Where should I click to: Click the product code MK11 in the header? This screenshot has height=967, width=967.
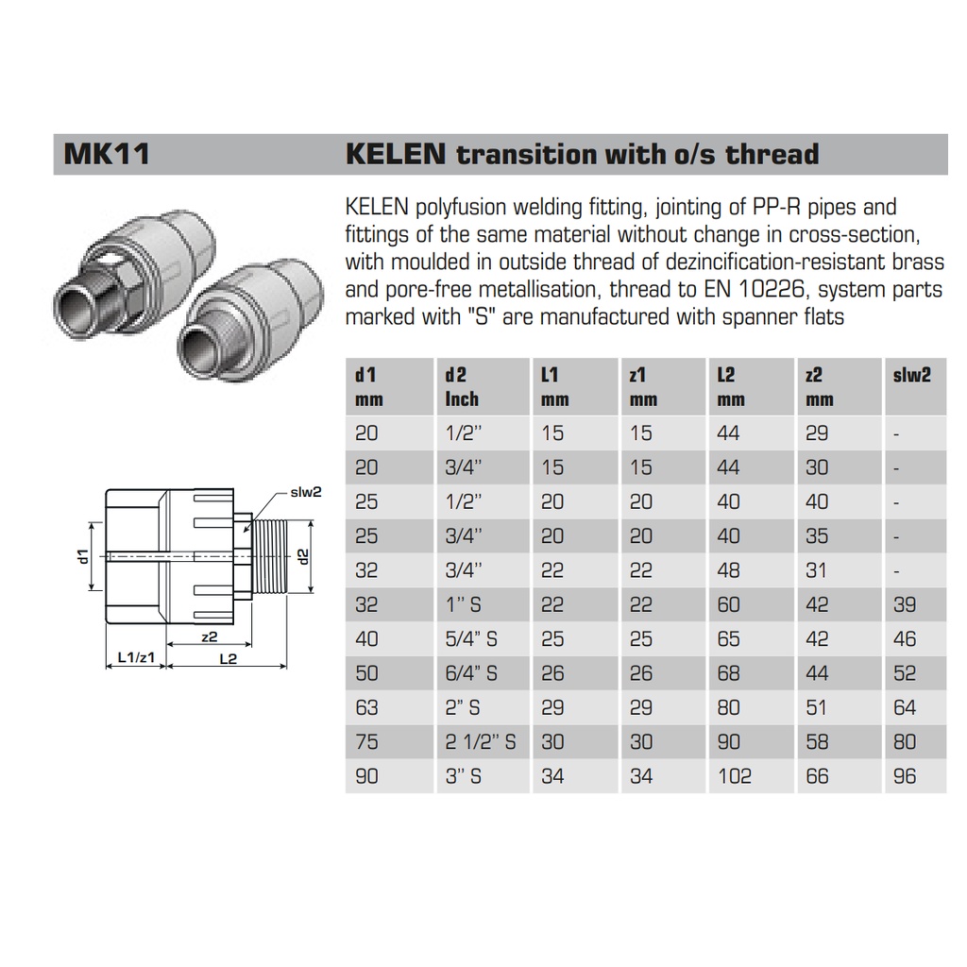click(107, 154)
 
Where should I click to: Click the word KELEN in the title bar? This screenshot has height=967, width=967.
click(396, 154)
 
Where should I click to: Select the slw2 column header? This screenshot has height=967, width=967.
click(911, 375)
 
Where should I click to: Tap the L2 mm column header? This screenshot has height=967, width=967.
click(731, 386)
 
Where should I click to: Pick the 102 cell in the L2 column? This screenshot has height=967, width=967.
click(735, 776)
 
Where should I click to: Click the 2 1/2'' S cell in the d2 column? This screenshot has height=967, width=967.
click(481, 741)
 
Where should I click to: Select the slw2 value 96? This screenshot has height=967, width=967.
click(905, 776)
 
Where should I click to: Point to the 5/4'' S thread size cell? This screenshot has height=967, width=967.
click(471, 639)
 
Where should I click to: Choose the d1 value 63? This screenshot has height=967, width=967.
click(366, 707)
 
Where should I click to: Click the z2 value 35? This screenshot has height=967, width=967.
click(817, 536)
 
